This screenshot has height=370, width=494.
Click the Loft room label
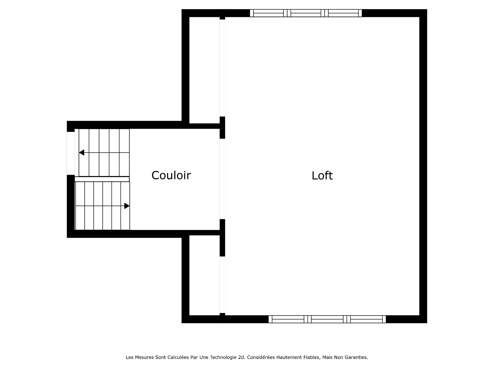pos(322,176)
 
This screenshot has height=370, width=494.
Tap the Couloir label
pos(171,175)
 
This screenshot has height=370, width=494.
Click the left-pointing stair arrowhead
pos(82,153)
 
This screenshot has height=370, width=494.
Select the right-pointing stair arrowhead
pos(127,206)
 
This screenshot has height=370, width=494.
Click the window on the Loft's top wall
pos(306,13)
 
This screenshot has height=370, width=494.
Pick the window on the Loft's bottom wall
pos(327,319)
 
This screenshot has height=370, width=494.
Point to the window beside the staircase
pos(70,153)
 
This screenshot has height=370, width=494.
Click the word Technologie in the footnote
pos(223,357)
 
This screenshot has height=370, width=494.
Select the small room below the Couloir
pos(204,275)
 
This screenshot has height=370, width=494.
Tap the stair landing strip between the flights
pos(102,179)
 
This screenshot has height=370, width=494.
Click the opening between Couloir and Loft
pos(222,179)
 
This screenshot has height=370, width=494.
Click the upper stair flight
pos(104,153)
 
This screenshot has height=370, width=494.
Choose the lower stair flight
pos(102,206)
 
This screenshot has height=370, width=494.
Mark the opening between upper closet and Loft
pos(222,68)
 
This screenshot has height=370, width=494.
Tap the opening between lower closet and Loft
pos(222,285)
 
